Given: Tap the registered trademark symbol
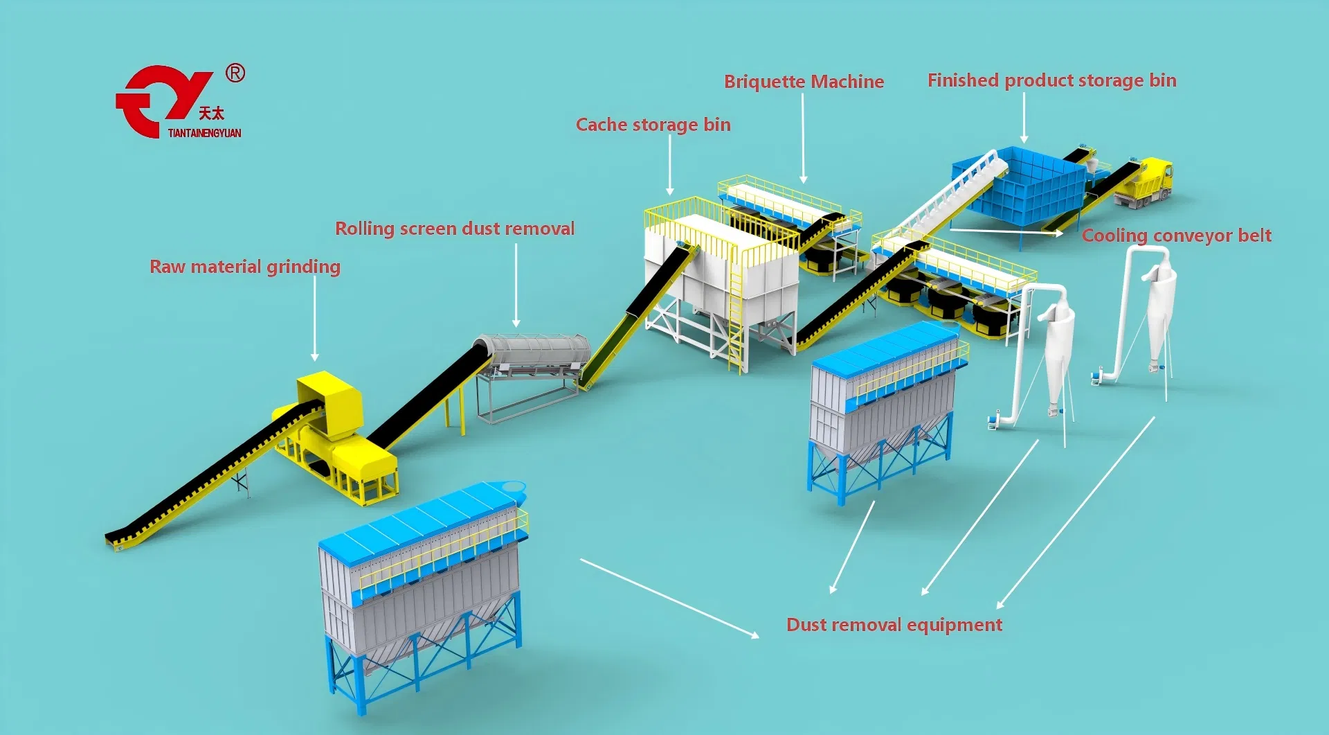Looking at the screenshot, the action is click(x=235, y=73).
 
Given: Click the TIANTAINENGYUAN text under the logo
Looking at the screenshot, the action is click(x=205, y=133).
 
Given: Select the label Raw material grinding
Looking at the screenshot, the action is click(x=245, y=267).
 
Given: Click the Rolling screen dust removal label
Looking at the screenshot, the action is click(x=455, y=229).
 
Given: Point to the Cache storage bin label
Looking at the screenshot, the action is click(x=653, y=125).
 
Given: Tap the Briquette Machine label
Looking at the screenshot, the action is click(x=804, y=82).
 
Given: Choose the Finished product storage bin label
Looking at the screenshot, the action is click(x=1052, y=80).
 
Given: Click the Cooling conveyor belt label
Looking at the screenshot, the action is click(x=1177, y=236).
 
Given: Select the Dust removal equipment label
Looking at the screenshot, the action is click(x=894, y=625).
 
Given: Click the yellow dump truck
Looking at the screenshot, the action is click(x=1143, y=183).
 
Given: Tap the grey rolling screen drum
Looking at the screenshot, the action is click(x=532, y=351).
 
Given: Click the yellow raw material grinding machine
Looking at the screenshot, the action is click(x=336, y=436).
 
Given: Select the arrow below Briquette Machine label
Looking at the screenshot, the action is click(x=803, y=138).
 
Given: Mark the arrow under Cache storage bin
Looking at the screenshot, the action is click(x=670, y=165).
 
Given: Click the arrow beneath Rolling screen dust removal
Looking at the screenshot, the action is click(x=516, y=285).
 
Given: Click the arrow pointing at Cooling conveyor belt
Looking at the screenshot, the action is click(x=1007, y=231).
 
